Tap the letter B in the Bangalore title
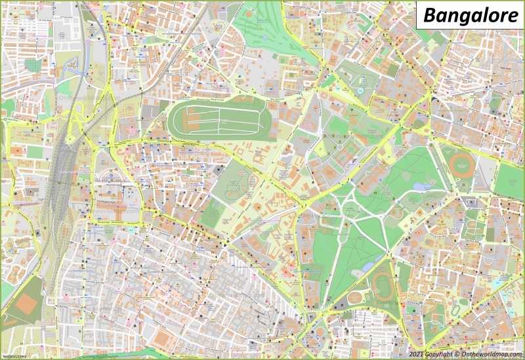(x=429, y=16)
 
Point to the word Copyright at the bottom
(x=438, y=354)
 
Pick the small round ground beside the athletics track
(x=355, y=297)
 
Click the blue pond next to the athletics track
(x=368, y=266)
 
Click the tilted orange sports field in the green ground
(x=27, y=303)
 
